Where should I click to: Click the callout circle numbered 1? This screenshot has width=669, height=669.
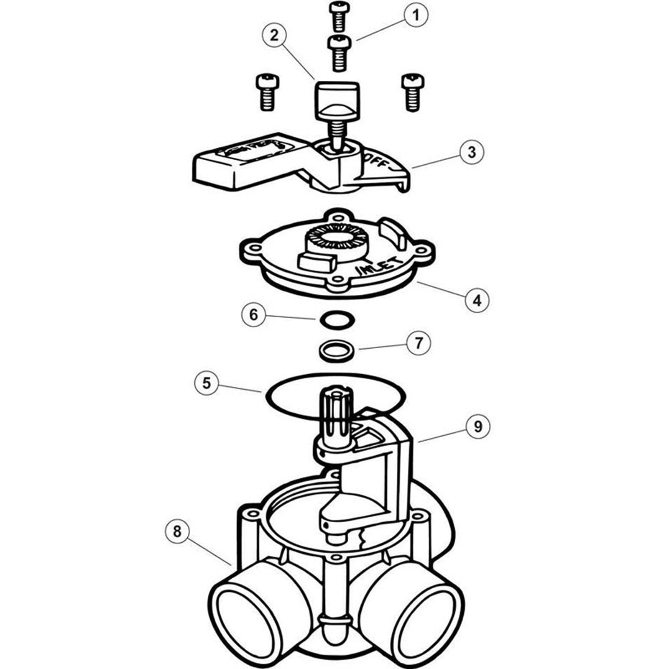(415, 15)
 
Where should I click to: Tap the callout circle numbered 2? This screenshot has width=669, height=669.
(274, 35)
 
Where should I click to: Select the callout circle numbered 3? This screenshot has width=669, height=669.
(472, 152)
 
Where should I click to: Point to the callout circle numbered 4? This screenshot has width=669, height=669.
(477, 300)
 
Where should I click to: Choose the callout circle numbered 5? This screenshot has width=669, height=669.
(207, 383)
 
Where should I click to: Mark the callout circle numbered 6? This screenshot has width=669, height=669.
(254, 314)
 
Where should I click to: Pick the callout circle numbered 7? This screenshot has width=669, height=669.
(419, 343)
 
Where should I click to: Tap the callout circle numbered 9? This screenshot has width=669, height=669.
(477, 426)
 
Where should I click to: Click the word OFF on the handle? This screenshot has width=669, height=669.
(377, 161)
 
